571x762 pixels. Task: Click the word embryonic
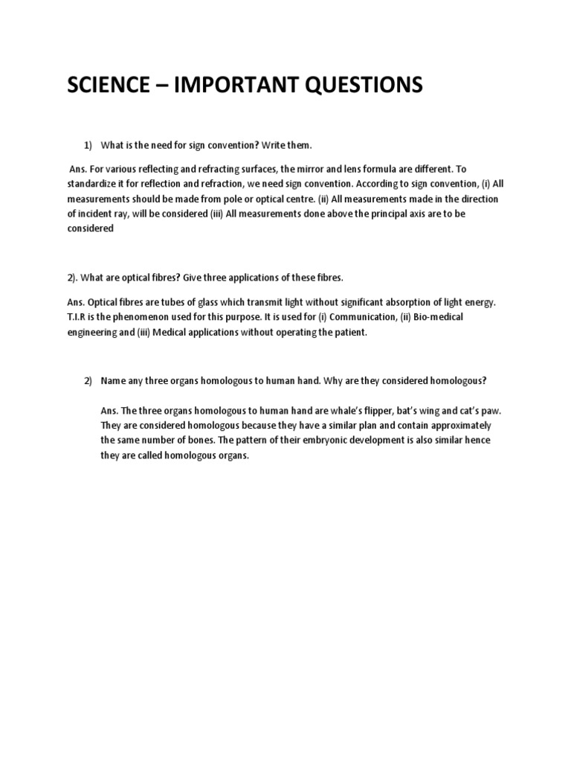321,441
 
